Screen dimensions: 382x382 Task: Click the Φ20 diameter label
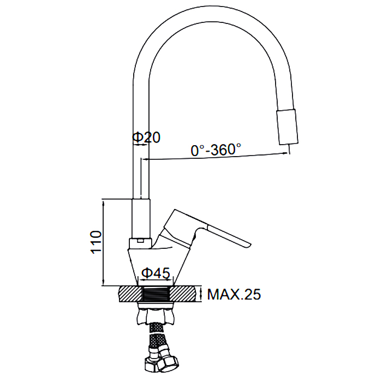[x=146, y=137]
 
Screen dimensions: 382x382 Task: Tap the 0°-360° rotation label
[x=216, y=150]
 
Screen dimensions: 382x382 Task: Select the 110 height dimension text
[x=96, y=242]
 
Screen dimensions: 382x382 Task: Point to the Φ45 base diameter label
[x=156, y=273]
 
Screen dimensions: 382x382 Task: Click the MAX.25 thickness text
[x=234, y=294]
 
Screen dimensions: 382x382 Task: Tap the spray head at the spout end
[x=288, y=127]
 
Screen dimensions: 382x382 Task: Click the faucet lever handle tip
[x=249, y=245]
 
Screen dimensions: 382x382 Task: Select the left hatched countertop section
[x=130, y=294]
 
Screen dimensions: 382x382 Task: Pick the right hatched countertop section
[x=182, y=294]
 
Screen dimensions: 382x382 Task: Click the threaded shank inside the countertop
[x=156, y=294]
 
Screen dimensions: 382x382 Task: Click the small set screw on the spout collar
[x=140, y=241]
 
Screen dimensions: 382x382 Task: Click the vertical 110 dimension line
[x=104, y=243]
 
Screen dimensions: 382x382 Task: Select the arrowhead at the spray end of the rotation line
[x=284, y=153]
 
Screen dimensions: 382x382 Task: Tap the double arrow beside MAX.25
[x=201, y=294]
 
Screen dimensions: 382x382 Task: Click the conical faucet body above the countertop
[x=158, y=266]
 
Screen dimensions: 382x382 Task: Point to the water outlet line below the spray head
[x=289, y=149]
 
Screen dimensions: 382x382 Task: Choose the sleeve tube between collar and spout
[x=141, y=219]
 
